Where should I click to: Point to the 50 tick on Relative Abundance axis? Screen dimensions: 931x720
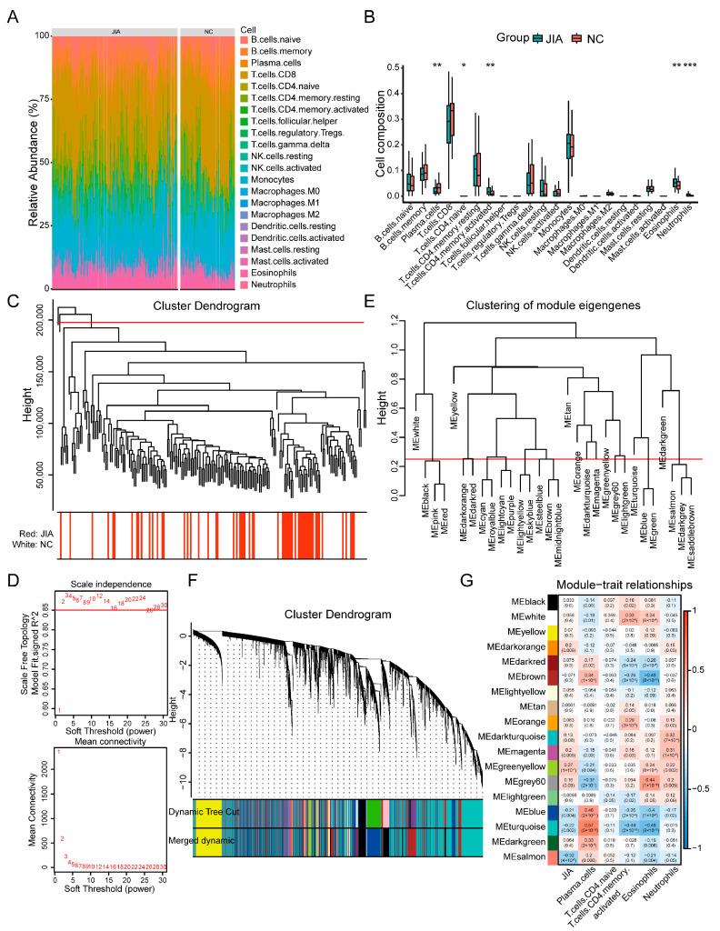coord(39,162)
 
